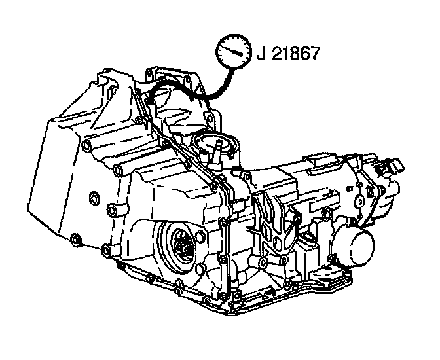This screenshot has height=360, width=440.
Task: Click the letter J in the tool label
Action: click(261, 53)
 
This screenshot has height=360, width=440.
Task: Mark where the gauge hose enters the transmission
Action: click(149, 98)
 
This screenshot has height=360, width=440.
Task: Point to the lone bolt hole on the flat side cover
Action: click(92, 196)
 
